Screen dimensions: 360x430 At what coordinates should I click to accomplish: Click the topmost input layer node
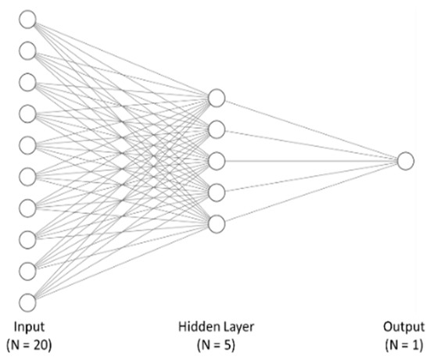pyautogui.click(x=28, y=19)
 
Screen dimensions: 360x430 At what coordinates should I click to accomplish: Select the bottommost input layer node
pyautogui.click(x=28, y=302)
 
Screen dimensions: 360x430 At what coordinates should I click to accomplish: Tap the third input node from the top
pyautogui.click(x=28, y=82)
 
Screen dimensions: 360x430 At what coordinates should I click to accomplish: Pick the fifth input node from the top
pyautogui.click(x=28, y=144)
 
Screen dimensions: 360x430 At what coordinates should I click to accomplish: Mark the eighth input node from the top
pyautogui.click(x=28, y=239)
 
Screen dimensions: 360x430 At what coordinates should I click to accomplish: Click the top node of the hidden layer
pyautogui.click(x=217, y=98)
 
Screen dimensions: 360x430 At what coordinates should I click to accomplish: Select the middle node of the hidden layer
pyautogui.click(x=217, y=161)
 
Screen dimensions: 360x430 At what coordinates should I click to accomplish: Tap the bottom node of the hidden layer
pyautogui.click(x=217, y=224)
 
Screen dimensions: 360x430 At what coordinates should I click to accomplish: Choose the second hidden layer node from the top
pyautogui.click(x=217, y=129)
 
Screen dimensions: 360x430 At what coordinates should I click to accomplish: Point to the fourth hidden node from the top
pyautogui.click(x=217, y=192)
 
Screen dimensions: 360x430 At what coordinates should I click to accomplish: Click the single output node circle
pyautogui.click(x=404, y=161)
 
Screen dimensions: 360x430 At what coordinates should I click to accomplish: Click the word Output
pyautogui.click(x=404, y=327)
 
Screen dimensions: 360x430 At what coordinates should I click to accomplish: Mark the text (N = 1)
pyautogui.click(x=404, y=344)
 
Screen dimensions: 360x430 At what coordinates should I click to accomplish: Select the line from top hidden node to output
pyautogui.click(x=310, y=129)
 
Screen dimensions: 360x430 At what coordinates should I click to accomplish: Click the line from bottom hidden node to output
pyautogui.click(x=310, y=193)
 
